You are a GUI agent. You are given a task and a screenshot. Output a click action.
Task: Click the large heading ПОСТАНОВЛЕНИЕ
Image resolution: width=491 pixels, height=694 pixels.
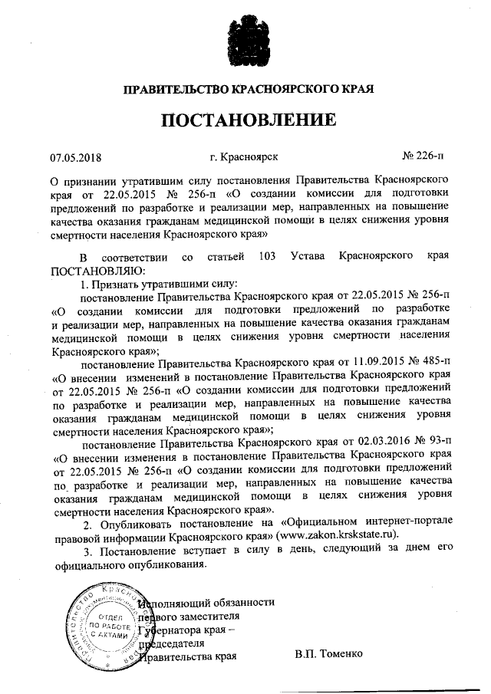click(x=248, y=120)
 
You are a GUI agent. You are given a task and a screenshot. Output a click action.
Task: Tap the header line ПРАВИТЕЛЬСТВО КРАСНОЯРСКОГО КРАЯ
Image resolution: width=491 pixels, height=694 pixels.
click(x=248, y=90)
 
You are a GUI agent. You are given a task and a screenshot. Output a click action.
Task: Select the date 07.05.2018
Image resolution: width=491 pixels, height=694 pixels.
click(x=71, y=157)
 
